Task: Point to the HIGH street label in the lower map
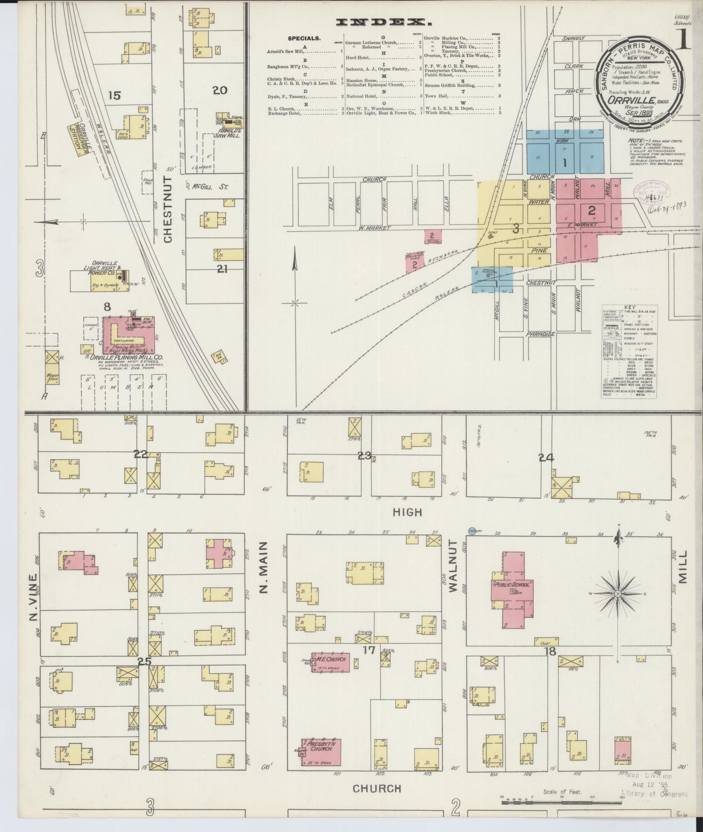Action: (x=407, y=512)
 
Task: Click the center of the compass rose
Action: (x=618, y=594)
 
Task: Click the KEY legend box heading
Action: (x=630, y=307)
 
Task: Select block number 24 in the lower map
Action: (x=546, y=457)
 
